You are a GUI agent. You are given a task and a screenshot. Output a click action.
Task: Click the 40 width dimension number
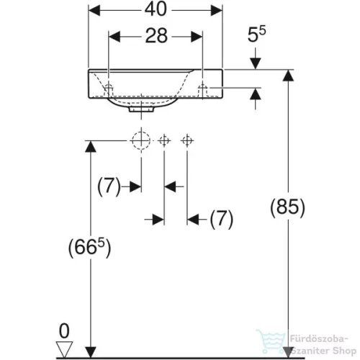pos(156,9)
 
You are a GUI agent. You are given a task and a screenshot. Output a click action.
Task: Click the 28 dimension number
pos(156,36)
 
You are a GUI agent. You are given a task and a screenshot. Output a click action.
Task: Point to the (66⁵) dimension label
pos(90,248)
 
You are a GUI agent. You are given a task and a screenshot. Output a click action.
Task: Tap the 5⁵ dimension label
pos(256,35)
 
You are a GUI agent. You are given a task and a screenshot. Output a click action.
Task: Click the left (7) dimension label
pos(109,186)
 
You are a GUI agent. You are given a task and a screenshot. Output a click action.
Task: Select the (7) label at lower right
pos(222,219)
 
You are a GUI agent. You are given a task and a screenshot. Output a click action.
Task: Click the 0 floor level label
pos(64,331)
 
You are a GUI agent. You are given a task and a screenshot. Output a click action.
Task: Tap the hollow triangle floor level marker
pos(64,349)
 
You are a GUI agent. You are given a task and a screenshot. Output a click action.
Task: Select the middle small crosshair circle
pos(164,140)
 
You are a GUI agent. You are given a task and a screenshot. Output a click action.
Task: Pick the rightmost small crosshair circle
pos(187,140)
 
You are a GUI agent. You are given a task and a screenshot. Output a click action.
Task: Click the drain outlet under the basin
pos(141,109)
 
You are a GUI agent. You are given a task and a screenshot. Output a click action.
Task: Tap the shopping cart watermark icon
pos(271,341)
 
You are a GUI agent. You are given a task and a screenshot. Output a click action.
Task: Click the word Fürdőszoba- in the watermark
pos(319,339)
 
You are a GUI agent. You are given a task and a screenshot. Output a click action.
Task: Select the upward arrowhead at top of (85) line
pos(288,76)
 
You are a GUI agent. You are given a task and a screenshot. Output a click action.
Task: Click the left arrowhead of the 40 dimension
pos(94,11)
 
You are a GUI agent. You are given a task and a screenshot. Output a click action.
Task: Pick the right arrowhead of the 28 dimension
pos(197,37)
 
